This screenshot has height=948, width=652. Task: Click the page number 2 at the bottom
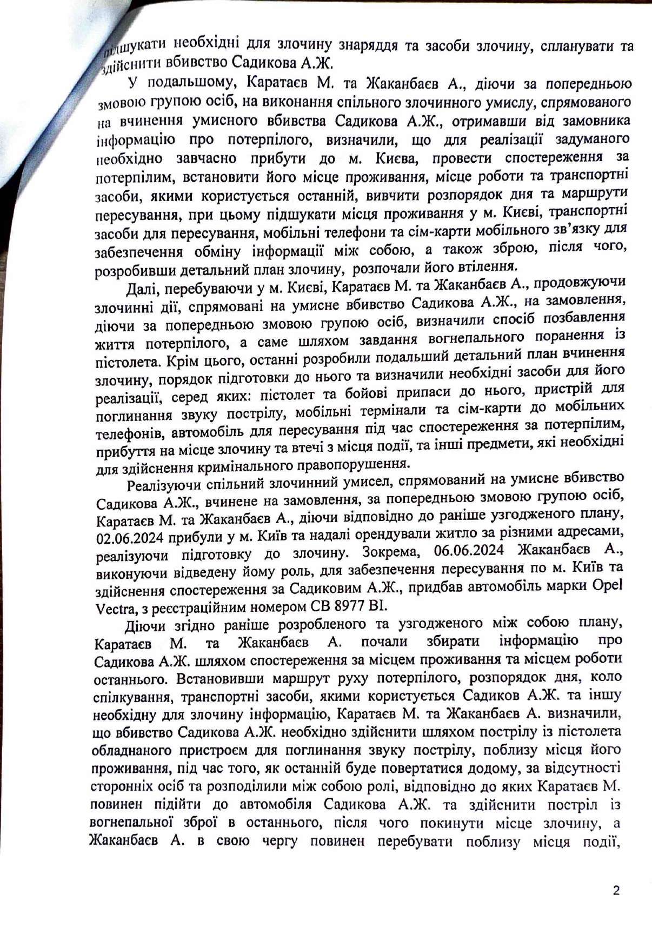coord(616,890)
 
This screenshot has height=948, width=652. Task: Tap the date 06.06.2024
coord(468,551)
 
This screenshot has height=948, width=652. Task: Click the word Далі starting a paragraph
coord(141,289)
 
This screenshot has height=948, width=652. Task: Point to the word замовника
coord(593,120)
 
